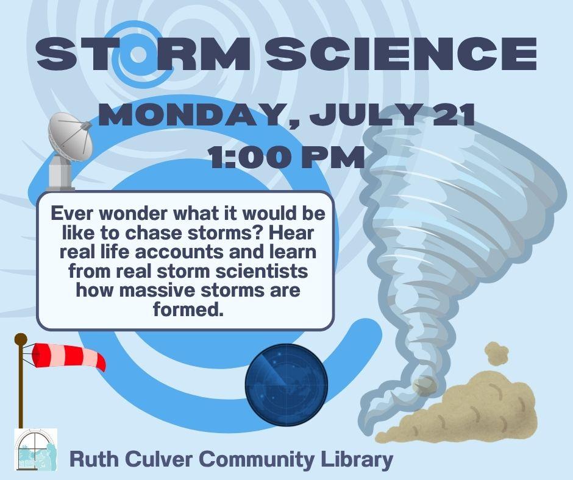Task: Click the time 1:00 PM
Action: (x=286, y=157)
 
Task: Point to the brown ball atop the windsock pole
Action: (x=21, y=339)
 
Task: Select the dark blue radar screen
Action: (x=285, y=382)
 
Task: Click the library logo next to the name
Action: (x=36, y=450)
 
